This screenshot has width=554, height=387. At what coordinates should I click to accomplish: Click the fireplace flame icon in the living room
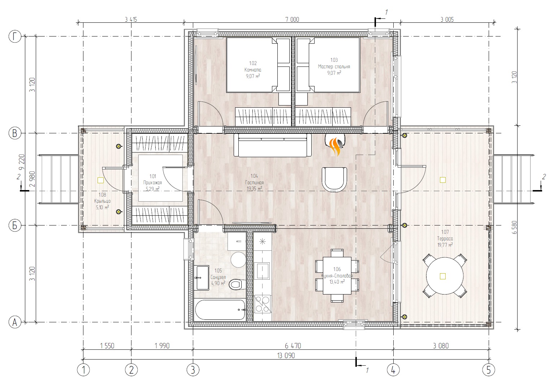coord(336,147)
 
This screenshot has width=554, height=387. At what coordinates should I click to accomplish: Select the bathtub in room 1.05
coord(220,310)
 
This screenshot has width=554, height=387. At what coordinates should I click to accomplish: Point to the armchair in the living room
coord(334,179)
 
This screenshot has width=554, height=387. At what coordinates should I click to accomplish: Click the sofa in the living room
coord(273,145)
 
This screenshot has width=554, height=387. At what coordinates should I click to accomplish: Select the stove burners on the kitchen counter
coord(262,304)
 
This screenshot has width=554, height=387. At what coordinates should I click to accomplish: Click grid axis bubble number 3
coord(193,370)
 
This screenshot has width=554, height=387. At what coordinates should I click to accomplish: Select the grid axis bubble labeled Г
coord(15,36)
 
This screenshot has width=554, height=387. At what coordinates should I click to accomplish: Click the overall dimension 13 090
coord(286,356)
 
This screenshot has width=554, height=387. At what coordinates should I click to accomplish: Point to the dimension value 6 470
coord(293,346)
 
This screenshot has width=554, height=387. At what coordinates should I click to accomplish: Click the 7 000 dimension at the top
coord(292,20)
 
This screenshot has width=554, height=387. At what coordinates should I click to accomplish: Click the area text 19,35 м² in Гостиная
coord(254,189)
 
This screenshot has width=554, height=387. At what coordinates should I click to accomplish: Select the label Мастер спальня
coord(334,66)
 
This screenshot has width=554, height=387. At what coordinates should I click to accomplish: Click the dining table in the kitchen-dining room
coord(337,276)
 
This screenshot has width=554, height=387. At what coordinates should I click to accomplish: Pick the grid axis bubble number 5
coord(489,370)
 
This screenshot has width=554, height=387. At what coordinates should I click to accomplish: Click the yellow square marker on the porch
coord(100,180)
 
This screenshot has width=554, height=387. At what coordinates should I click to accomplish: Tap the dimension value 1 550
coord(107,346)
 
